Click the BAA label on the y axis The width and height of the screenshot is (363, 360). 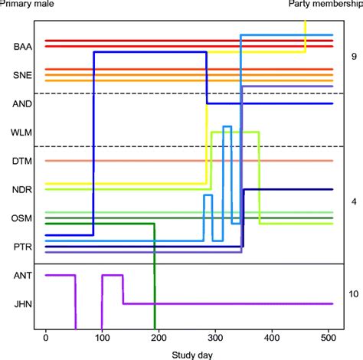[22, 47]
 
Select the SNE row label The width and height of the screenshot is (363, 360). [22, 76]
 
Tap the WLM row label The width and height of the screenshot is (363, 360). [22, 132]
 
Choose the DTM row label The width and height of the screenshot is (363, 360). [22, 161]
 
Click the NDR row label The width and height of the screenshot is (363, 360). [22, 189]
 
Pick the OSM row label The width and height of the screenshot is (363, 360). [22, 218]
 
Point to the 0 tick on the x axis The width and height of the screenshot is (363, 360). [46, 338]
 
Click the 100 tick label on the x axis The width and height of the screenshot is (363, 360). [102, 338]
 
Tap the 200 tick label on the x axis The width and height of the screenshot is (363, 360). [159, 338]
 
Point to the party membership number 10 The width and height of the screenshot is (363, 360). [354, 293]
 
